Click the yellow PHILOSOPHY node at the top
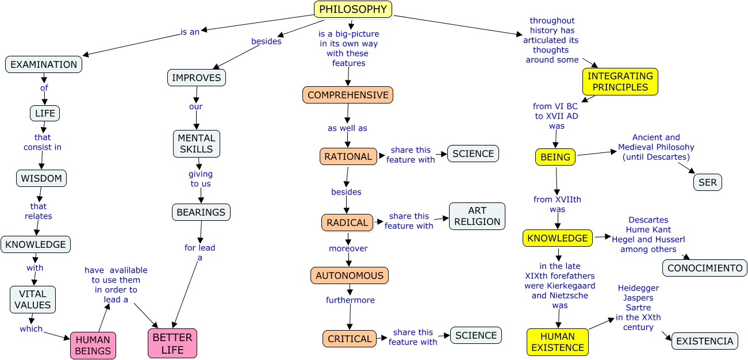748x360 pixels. click(353, 9)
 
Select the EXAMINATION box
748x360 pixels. click(44, 64)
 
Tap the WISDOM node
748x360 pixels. click(41, 178)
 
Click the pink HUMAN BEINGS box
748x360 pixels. click(93, 345)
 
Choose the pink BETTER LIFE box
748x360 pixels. click(172, 343)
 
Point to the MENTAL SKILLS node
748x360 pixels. click(197, 144)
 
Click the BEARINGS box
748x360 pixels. click(201, 212)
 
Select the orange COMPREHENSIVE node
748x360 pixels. click(348, 95)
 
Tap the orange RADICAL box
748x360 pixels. click(347, 223)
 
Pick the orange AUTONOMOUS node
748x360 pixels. click(350, 275)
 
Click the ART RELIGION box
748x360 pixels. click(477, 216)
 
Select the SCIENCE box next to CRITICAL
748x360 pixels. click(476, 335)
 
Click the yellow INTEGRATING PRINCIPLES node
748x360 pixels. click(620, 82)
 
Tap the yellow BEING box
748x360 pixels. click(555, 157)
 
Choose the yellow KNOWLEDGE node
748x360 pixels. click(558, 238)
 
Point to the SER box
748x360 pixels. click(708, 182)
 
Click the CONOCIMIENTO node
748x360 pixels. click(705, 268)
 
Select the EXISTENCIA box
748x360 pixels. click(704, 341)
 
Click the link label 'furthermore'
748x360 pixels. click(350, 300)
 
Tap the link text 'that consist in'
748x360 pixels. click(43, 142)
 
